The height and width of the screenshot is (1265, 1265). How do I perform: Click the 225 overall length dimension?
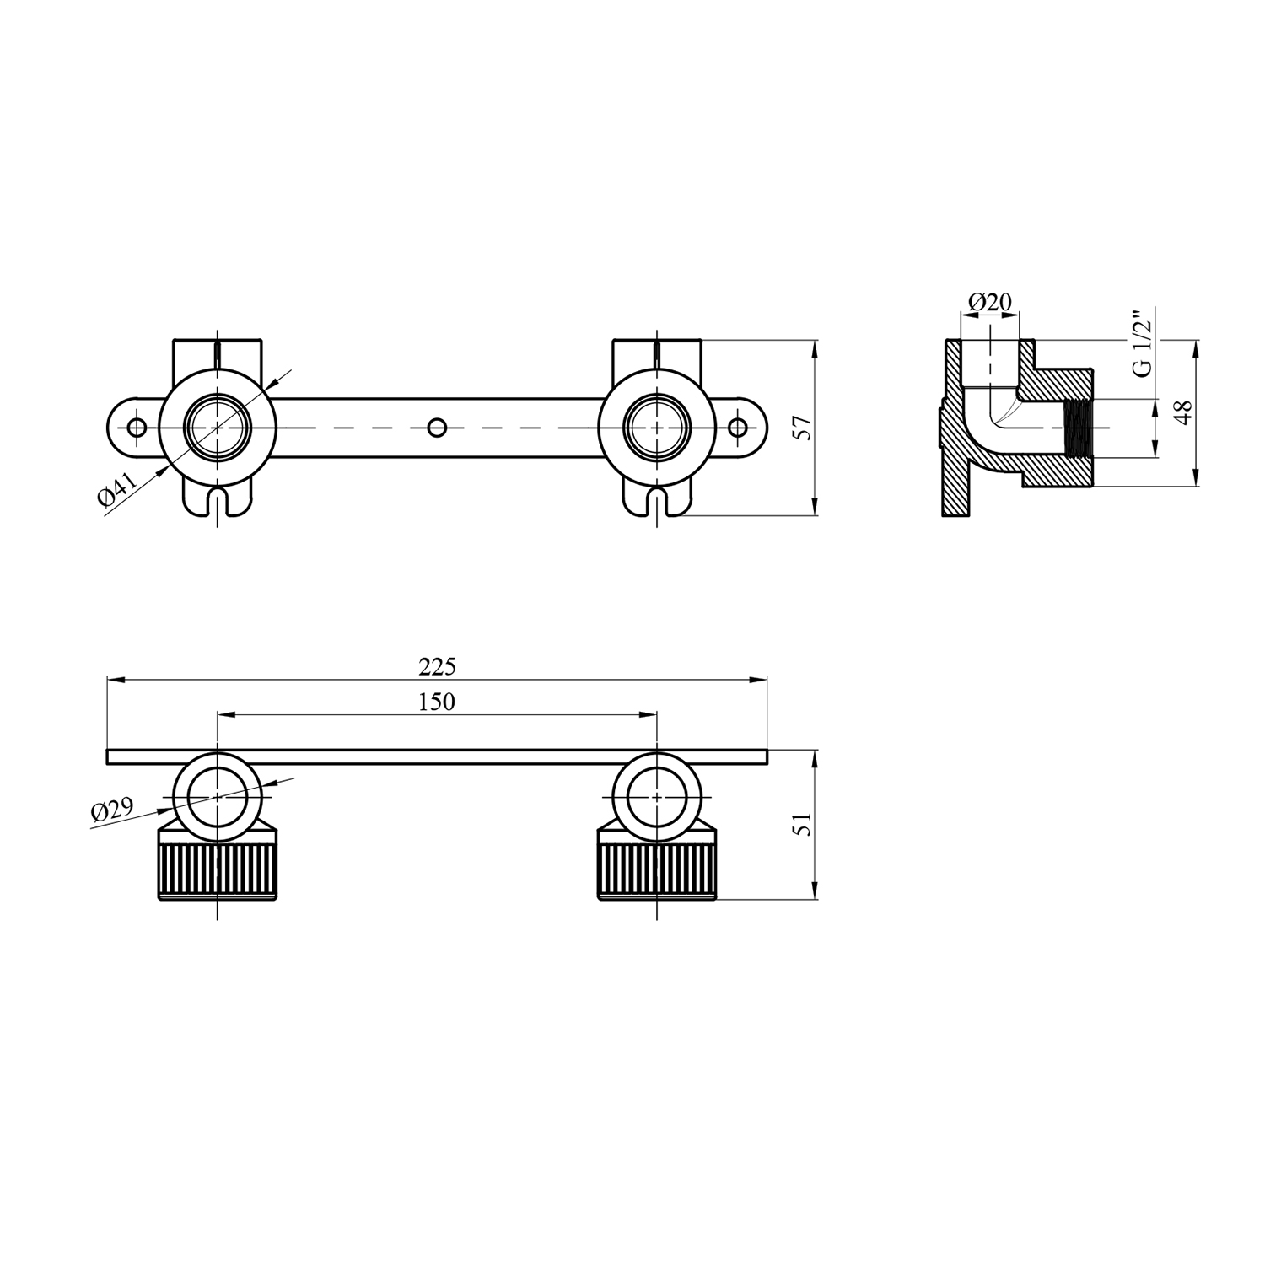click(438, 667)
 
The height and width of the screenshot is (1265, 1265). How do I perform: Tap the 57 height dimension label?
click(804, 428)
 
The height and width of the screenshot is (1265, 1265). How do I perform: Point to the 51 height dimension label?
click(804, 823)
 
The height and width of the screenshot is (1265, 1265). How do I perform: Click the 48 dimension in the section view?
click(1184, 412)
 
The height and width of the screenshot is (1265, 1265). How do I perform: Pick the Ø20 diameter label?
click(990, 301)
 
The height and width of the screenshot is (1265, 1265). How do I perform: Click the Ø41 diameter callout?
click(117, 490)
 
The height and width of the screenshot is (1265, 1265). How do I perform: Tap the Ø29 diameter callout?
click(113, 811)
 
